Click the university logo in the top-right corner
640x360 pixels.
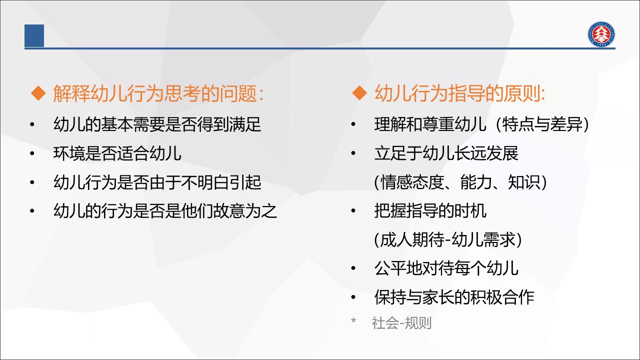pos(601,34)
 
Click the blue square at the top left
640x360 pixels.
pos(34,35)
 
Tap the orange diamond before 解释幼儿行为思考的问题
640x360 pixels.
pos(38,93)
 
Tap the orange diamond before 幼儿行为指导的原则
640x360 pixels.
pos(359,93)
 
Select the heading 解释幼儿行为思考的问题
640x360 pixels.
pos(158,93)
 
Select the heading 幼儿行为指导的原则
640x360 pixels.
pos(459,93)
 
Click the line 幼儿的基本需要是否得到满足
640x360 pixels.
pos(157,124)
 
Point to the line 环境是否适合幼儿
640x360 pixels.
pos(117,153)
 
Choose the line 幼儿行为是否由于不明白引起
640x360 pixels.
pos(157,182)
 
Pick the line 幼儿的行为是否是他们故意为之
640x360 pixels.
pos(165,211)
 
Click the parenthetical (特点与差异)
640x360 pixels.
pos(542,124)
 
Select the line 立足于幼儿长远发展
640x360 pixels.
pos(446,153)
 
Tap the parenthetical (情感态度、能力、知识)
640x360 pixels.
pos(460,182)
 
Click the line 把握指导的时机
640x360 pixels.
pos(430,211)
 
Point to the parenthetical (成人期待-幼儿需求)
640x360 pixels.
pos(447,239)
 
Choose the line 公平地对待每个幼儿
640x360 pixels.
pos(446,268)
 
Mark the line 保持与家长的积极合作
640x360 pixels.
pos(454,297)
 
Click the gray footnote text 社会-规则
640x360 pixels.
pos(401,323)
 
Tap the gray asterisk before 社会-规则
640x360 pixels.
pos(353,320)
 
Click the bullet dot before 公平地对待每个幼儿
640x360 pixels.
pos(353,268)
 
